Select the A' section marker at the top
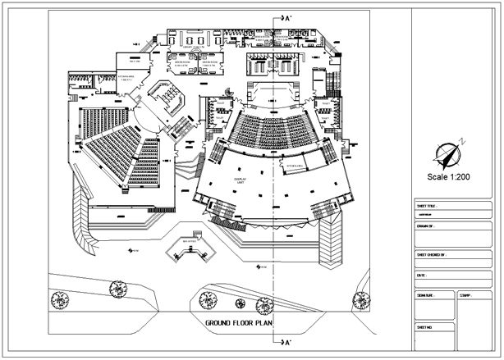285,16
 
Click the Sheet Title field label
428,206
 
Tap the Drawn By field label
425,225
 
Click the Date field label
422,276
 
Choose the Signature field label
426,294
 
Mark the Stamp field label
465,294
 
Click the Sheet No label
425,326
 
